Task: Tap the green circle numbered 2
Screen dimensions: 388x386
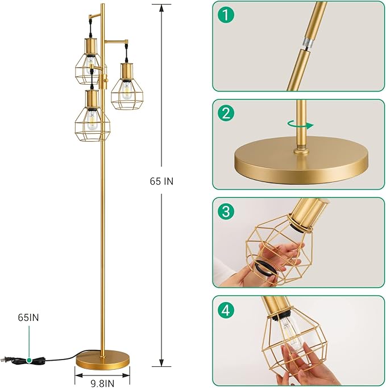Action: pyautogui.click(x=229, y=114)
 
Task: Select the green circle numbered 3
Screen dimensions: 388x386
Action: pyautogui.click(x=229, y=212)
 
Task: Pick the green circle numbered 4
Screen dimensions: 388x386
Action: pyautogui.click(x=229, y=311)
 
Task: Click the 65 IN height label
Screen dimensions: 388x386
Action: pyautogui.click(x=161, y=181)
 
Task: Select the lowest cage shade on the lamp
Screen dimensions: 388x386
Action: pyautogui.click(x=91, y=117)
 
